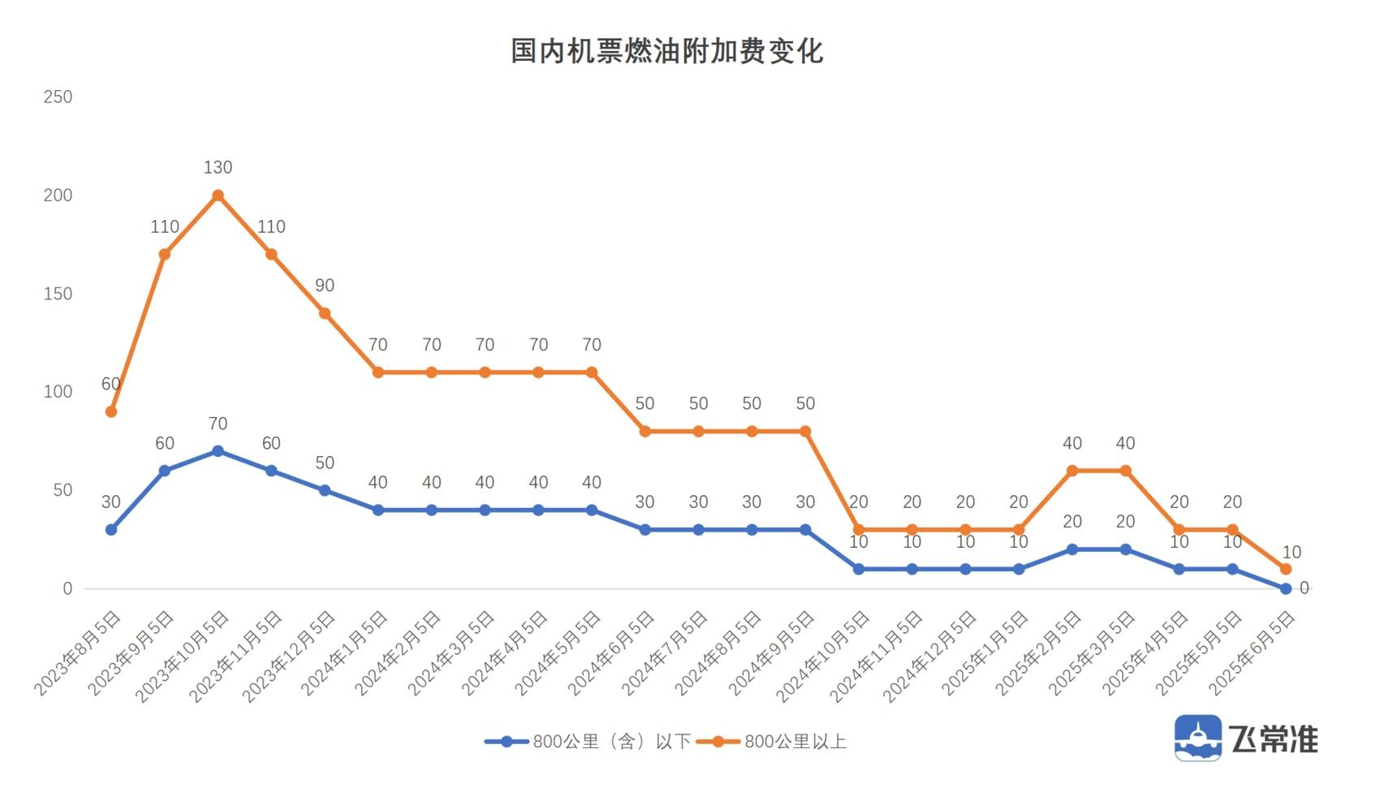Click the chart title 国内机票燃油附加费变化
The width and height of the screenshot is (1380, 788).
point(666,51)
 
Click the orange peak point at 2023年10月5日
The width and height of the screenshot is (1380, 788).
point(218,196)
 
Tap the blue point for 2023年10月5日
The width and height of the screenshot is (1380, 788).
point(218,451)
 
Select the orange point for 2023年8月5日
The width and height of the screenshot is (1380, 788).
point(111,412)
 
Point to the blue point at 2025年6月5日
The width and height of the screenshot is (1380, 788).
point(1286,588)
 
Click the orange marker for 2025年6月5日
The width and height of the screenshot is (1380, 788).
point(1286,569)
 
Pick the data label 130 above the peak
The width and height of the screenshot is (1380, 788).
point(218,168)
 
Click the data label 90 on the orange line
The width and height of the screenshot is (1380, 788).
point(325,286)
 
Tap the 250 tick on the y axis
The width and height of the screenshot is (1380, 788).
point(58,97)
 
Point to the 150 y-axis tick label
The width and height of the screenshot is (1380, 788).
point(58,294)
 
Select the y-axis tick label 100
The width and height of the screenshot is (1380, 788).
point(58,392)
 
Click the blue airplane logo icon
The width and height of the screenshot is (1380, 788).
point(1197,738)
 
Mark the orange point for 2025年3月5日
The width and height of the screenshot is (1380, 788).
point(1125,471)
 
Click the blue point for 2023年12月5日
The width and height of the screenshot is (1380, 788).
point(325,490)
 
